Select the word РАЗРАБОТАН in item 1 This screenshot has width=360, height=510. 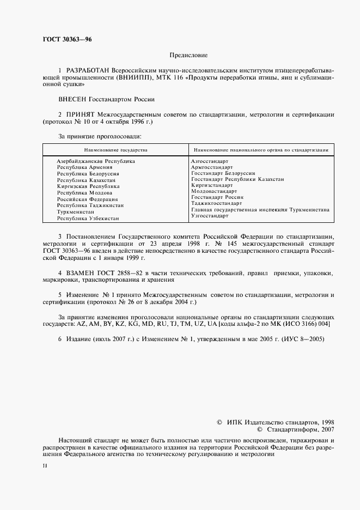pyautogui.click(x=88, y=71)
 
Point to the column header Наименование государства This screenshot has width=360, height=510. pyautogui.click(x=115, y=149)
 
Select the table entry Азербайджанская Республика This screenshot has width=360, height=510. pyautogui.click(x=95, y=161)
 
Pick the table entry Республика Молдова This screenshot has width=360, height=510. pyautogui.click(x=84, y=193)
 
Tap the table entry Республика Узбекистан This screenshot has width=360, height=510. pyautogui.click(x=88, y=218)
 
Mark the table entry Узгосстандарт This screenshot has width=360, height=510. pyautogui.click(x=210, y=216)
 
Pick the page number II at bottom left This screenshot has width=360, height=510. pyautogui.click(x=45, y=467)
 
